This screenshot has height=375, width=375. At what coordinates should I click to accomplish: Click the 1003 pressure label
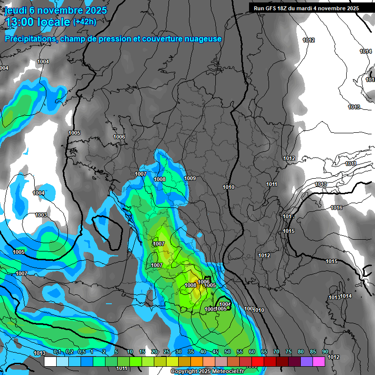click(41, 215)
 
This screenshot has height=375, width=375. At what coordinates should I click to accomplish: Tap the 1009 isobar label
click(190, 179)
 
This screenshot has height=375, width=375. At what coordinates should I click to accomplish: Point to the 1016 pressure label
click(336, 208)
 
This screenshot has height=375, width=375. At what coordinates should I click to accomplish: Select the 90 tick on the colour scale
click(325, 352)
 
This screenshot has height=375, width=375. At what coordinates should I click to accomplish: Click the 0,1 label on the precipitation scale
click(57, 352)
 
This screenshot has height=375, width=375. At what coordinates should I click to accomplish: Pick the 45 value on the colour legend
click(215, 352)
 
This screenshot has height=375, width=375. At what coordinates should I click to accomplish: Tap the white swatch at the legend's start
click(50, 361)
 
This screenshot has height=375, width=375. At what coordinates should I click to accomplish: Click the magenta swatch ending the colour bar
click(319, 361)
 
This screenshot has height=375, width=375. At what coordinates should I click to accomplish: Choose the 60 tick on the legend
click(252, 352)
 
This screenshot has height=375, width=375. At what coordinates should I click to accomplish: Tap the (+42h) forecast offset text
click(84, 22)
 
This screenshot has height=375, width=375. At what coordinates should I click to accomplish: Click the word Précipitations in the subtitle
click(30, 39)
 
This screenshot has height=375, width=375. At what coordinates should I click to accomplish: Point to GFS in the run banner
click(271, 8)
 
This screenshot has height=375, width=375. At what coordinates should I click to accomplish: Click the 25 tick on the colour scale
click(167, 352)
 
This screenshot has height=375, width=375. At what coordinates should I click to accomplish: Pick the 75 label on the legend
click(289, 352)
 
